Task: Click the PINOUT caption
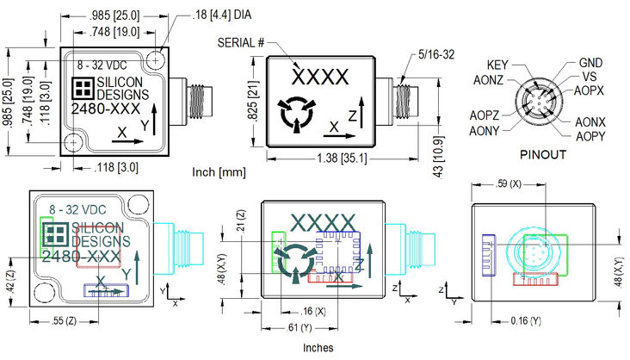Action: (x=543, y=156)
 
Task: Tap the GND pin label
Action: (x=590, y=63)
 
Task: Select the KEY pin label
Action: (x=498, y=65)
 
